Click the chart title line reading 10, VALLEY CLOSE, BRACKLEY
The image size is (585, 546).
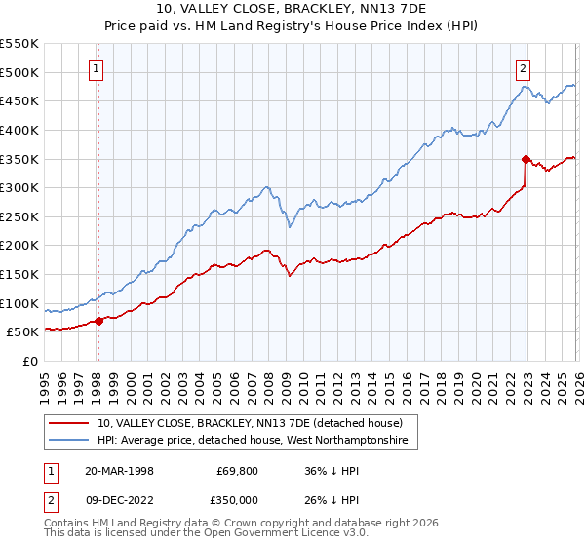[292, 10]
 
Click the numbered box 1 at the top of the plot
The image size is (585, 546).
[97, 68]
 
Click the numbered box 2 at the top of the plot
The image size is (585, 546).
[524, 68]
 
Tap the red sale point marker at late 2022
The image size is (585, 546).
[526, 159]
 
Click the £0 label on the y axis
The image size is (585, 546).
[31, 361]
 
